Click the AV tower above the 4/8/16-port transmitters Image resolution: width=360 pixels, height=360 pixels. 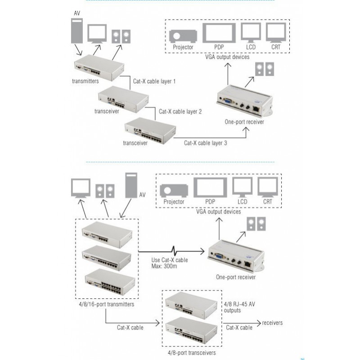(x=130, y=185)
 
